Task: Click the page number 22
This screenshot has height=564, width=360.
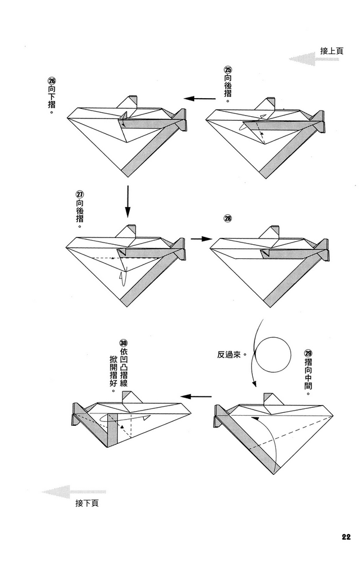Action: [345, 536]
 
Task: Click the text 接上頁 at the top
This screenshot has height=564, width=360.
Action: [332, 51]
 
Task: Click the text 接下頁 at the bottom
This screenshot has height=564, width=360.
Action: [86, 503]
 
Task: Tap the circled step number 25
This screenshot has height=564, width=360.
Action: [227, 70]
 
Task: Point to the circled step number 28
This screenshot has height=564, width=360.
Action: [228, 219]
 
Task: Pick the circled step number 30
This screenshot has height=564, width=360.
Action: [123, 342]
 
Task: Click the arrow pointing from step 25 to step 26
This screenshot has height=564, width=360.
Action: [196, 98]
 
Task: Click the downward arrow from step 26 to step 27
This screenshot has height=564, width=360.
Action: [127, 201]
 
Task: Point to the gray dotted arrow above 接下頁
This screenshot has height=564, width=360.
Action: [74, 491]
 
